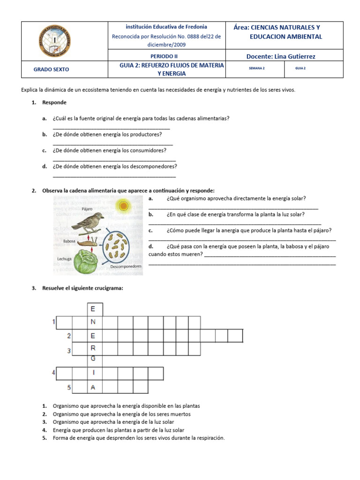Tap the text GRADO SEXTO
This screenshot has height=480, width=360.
point(51,69)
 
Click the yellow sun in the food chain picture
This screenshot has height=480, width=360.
point(123,205)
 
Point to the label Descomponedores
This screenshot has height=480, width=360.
point(126,266)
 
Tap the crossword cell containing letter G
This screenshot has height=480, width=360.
point(93,359)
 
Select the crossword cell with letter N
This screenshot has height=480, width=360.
point(93,322)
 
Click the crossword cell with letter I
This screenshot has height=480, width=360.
point(94,373)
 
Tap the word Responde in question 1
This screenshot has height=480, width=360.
point(54,102)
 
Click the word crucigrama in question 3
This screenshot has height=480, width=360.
point(109,288)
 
